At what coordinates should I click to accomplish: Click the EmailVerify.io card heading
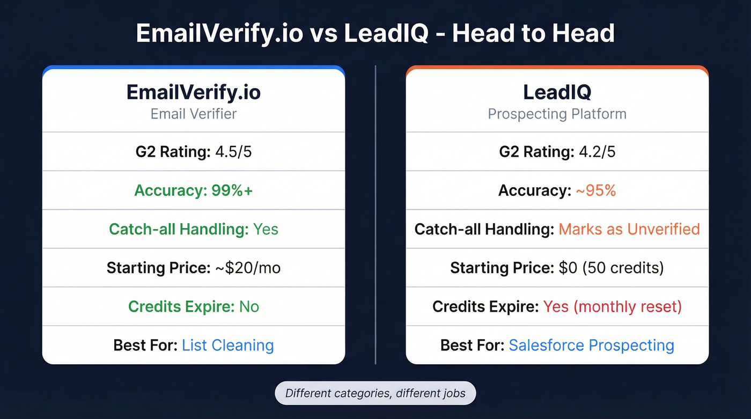[x=194, y=92]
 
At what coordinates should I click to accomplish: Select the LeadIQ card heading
[x=557, y=92]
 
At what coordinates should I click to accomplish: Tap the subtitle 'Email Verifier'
[x=194, y=114]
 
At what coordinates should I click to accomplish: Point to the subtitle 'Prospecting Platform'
[x=557, y=114]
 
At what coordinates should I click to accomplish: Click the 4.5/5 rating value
[x=233, y=152]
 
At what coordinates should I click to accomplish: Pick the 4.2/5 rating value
[x=597, y=152]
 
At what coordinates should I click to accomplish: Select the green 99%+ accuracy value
[x=230, y=190]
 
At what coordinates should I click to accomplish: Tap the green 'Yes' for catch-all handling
[x=266, y=230]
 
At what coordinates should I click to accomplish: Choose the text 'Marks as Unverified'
[x=629, y=230]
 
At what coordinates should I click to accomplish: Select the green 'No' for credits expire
[x=249, y=306]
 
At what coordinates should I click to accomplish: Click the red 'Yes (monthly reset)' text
[x=612, y=306]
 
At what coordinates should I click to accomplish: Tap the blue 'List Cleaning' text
[x=228, y=345]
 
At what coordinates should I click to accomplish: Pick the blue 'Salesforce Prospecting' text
[x=591, y=345]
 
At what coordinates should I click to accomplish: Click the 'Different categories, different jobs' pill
[x=375, y=393]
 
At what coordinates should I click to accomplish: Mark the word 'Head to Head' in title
[x=533, y=34]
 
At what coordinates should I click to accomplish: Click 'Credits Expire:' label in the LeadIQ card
[x=485, y=306]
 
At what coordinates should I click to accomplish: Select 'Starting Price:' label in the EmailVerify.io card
[x=158, y=268]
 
